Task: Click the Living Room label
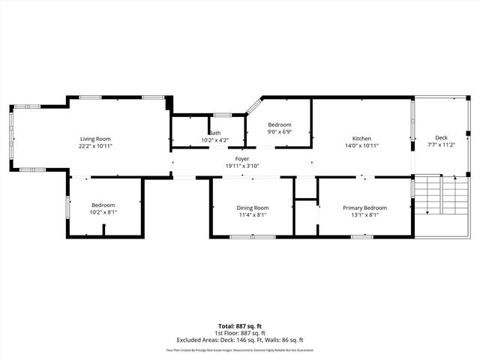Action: (96, 139)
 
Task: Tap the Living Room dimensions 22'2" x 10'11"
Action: (96, 146)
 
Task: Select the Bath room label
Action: (215, 133)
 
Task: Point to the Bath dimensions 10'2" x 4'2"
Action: (215, 140)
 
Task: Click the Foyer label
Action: (242, 159)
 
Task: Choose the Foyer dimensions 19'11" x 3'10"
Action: (242, 166)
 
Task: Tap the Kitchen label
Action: (362, 139)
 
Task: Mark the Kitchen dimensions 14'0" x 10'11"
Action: (362, 146)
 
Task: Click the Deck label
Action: (442, 138)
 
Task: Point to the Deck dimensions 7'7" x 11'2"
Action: (442, 145)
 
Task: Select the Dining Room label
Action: (253, 208)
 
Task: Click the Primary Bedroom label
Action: (365, 208)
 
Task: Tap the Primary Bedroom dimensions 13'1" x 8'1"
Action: (365, 215)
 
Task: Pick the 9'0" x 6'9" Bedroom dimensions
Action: (280, 132)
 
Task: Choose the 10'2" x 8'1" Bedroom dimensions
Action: (103, 213)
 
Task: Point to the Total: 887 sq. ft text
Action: (240, 326)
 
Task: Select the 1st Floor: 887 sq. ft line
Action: (240, 333)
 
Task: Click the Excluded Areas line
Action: (240, 340)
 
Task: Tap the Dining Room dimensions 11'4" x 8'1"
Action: (253, 215)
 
